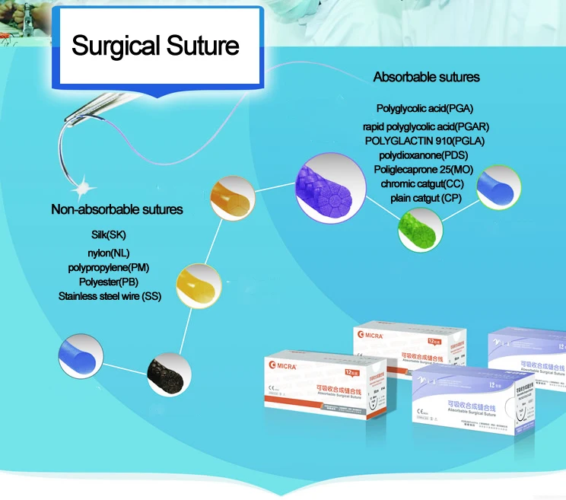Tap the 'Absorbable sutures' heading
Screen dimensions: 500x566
click(x=426, y=77)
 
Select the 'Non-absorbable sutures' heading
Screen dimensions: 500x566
click(x=117, y=209)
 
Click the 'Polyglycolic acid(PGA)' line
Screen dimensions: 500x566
click(x=430, y=109)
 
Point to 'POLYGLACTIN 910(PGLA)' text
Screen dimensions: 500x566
click(x=424, y=141)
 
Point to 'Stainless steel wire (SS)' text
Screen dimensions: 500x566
click(x=110, y=296)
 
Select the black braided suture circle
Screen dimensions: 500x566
click(x=170, y=372)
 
